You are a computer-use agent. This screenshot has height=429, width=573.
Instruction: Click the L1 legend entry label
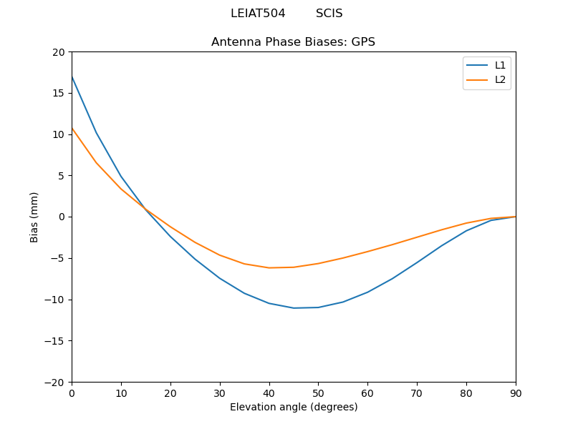(x=500, y=65)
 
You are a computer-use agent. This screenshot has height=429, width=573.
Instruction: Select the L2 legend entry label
(x=500, y=79)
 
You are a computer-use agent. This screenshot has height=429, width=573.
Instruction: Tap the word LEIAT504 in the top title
(x=258, y=14)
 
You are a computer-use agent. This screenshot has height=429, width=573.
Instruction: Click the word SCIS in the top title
(x=329, y=14)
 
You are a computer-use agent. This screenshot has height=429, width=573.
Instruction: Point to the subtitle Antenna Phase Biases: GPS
(x=293, y=42)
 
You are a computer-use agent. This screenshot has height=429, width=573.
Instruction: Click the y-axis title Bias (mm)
(x=34, y=217)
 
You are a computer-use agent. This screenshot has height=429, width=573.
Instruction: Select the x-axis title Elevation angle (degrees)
(x=294, y=407)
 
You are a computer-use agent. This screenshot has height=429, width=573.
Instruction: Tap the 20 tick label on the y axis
(x=58, y=52)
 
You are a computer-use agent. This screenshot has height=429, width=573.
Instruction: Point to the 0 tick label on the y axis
(x=61, y=217)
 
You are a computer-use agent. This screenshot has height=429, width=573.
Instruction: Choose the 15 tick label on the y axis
(x=58, y=93)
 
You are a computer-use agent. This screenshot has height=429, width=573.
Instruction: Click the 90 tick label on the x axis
(x=516, y=393)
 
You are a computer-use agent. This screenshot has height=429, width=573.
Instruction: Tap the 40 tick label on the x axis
(x=269, y=393)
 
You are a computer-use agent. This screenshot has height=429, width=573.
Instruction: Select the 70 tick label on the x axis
(x=417, y=393)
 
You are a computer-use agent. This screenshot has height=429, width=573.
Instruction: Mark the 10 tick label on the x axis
(x=121, y=393)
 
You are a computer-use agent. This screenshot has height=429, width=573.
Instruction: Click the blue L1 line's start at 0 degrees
(x=72, y=77)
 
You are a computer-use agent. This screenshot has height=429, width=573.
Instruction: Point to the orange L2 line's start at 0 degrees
(x=72, y=128)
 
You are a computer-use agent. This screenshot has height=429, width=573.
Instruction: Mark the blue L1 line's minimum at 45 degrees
(x=294, y=308)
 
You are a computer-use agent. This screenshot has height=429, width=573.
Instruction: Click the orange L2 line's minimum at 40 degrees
(x=269, y=267)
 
